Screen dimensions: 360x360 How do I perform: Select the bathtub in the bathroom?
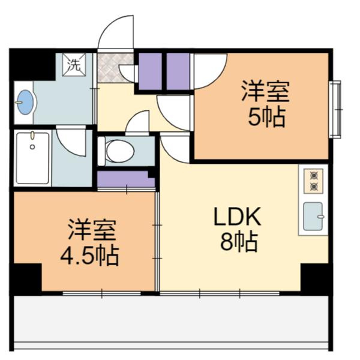32,158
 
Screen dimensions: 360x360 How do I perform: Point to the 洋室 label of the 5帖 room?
266,92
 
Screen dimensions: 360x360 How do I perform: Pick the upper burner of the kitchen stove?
313,175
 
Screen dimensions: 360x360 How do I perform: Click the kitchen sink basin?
314,216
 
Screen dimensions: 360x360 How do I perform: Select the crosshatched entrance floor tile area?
115,68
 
